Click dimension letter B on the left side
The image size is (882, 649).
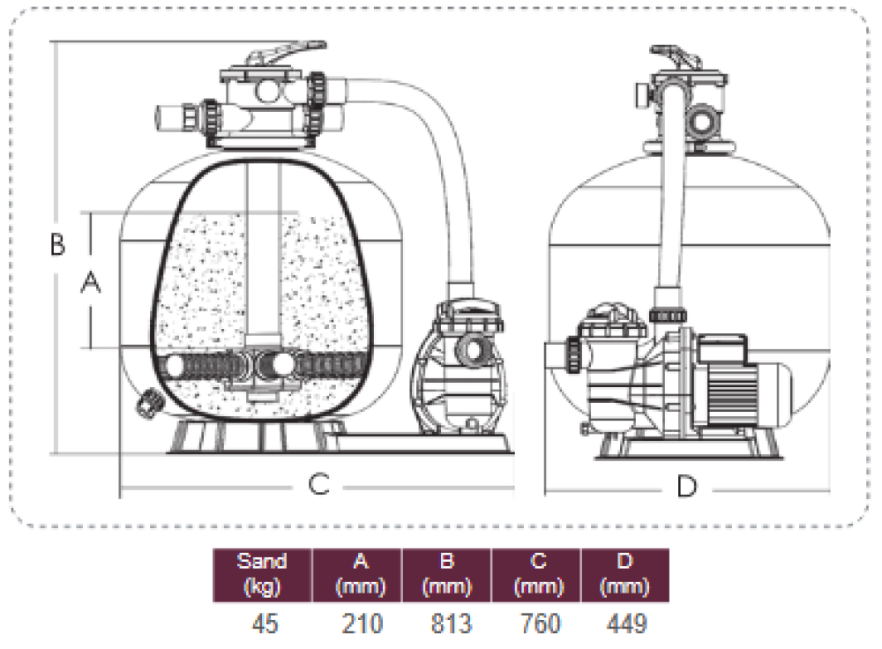(57, 244)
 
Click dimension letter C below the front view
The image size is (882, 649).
(318, 483)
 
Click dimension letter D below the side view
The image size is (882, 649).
(686, 485)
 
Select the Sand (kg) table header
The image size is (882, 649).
(263, 574)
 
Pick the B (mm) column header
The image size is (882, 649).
(447, 574)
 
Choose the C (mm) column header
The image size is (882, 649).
(537, 574)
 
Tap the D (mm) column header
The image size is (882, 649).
(625, 574)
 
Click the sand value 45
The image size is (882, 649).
(264, 624)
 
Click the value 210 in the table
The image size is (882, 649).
(363, 624)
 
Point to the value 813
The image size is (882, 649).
(450, 624)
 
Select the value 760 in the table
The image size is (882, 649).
(539, 624)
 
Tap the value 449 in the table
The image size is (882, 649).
(627, 624)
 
